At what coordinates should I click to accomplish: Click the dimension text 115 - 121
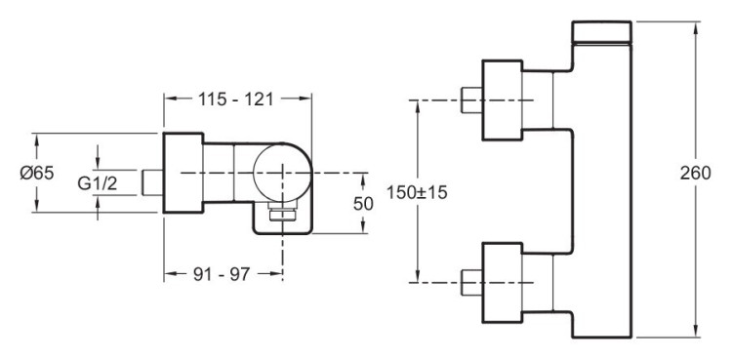point(237,99)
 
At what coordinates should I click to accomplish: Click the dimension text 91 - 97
point(222,274)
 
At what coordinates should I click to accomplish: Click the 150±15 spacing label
point(418,193)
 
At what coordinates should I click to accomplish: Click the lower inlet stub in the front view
point(470,280)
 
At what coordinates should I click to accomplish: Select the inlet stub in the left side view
point(151,182)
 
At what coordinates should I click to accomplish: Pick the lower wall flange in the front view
point(504,280)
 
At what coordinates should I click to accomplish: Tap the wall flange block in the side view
point(182,172)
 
